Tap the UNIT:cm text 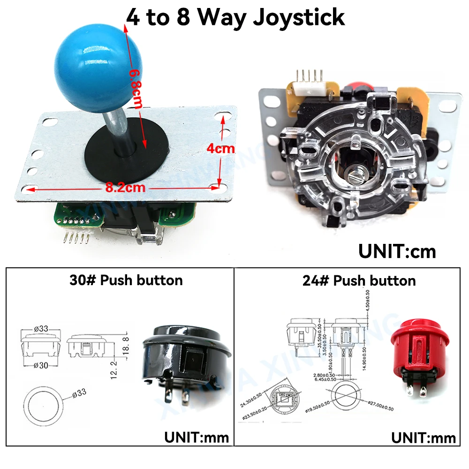click(397, 251)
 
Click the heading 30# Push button click(126, 280)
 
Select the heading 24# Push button click(359, 281)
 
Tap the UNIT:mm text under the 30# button click(196, 438)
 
